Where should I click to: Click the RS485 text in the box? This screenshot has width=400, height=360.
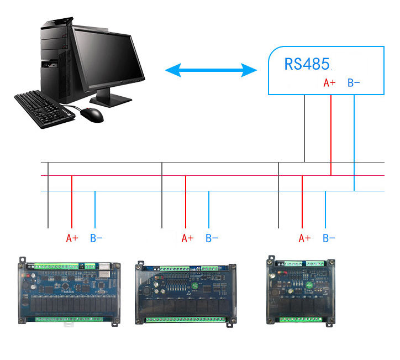307,64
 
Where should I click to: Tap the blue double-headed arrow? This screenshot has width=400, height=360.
211,70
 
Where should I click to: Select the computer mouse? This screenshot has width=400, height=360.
92,114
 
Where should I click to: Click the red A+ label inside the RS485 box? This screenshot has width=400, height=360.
329,83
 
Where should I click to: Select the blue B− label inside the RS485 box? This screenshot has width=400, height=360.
354,83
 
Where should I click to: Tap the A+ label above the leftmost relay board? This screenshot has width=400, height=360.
72,238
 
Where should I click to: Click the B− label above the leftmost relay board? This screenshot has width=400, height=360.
96,238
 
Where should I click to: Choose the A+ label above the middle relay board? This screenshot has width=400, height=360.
188,238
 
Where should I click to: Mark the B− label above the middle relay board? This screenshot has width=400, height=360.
212,238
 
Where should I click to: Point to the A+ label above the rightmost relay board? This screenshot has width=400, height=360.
304,238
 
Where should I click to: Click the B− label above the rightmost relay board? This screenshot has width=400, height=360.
329,238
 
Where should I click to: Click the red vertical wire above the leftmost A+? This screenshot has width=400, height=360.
72,202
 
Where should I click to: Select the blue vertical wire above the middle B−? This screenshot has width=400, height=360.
209,209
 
